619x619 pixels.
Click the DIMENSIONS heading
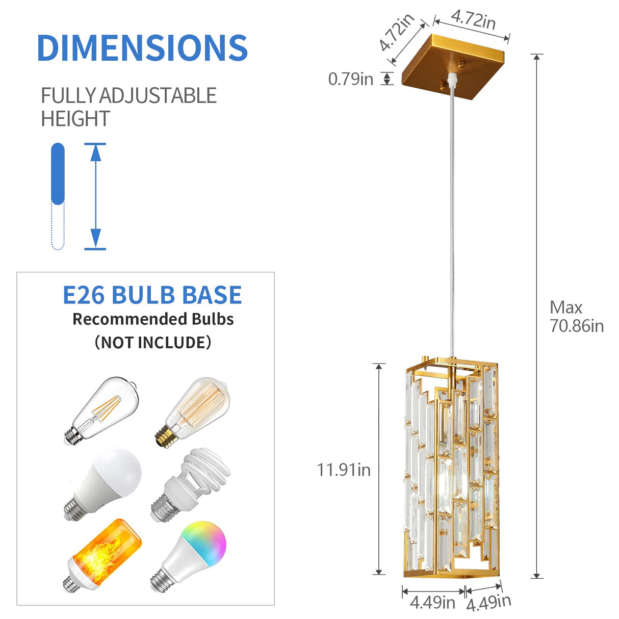142,48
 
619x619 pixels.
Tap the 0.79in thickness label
350,79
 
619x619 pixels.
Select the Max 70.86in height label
576,317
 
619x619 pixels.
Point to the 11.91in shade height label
344,470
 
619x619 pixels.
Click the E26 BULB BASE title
152,295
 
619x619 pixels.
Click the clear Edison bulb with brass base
193,411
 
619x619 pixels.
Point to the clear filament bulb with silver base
102,411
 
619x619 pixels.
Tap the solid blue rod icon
58,173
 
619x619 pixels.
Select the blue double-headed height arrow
95,196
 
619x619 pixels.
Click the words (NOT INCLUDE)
152,342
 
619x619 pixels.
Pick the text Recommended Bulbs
153,319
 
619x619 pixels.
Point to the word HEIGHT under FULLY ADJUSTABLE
75,119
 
